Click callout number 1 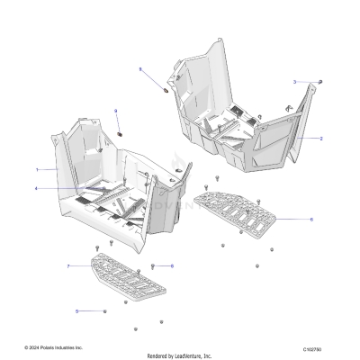pos(37,169)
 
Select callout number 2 pos(321,139)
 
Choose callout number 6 pos(311,219)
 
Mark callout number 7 pos(68,267)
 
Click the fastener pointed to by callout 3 pos(320,83)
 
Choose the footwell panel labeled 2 pos(270,135)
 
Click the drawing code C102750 pos(314,347)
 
